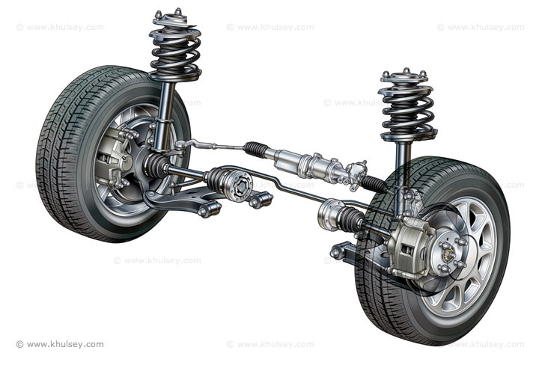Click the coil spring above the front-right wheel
(x=408, y=111)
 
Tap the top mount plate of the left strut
(x=171, y=19)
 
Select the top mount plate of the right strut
(x=405, y=77)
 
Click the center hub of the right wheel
(x=449, y=253)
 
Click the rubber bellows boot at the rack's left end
(x=255, y=149)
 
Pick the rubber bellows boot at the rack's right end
(x=374, y=183)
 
